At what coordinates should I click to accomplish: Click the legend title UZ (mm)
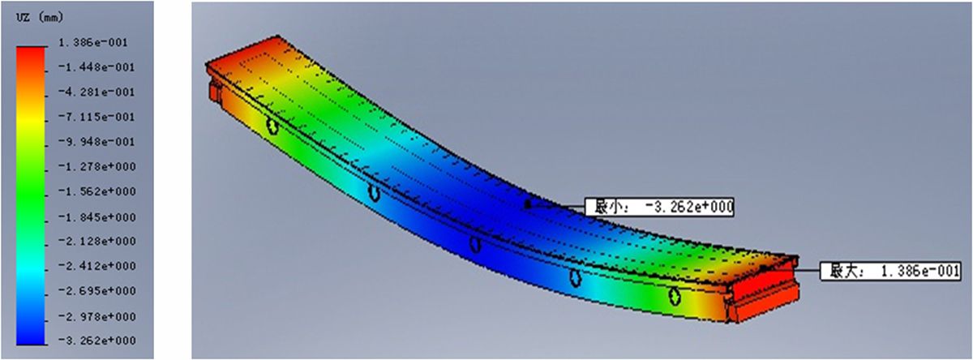40,17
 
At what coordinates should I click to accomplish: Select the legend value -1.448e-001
96,67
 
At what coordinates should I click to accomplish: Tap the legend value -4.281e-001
96,92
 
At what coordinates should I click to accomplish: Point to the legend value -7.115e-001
96,117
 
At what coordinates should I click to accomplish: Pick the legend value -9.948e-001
96,142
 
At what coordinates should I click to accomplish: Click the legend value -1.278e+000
96,166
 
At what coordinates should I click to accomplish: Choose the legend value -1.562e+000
96,191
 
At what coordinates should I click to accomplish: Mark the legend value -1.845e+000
96,216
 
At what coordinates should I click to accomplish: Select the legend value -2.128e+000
96,241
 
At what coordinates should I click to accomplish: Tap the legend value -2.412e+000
96,266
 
